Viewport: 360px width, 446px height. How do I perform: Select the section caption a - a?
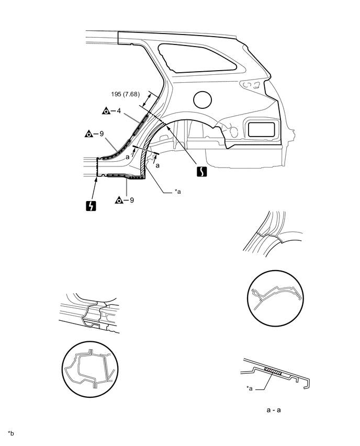pyautogui.click(x=274, y=410)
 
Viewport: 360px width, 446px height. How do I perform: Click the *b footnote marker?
pyautogui.click(x=11, y=433)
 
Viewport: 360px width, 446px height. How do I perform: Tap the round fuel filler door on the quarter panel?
pyautogui.click(x=203, y=99)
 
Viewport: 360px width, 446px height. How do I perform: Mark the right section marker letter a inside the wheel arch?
pyautogui.click(x=157, y=164)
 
